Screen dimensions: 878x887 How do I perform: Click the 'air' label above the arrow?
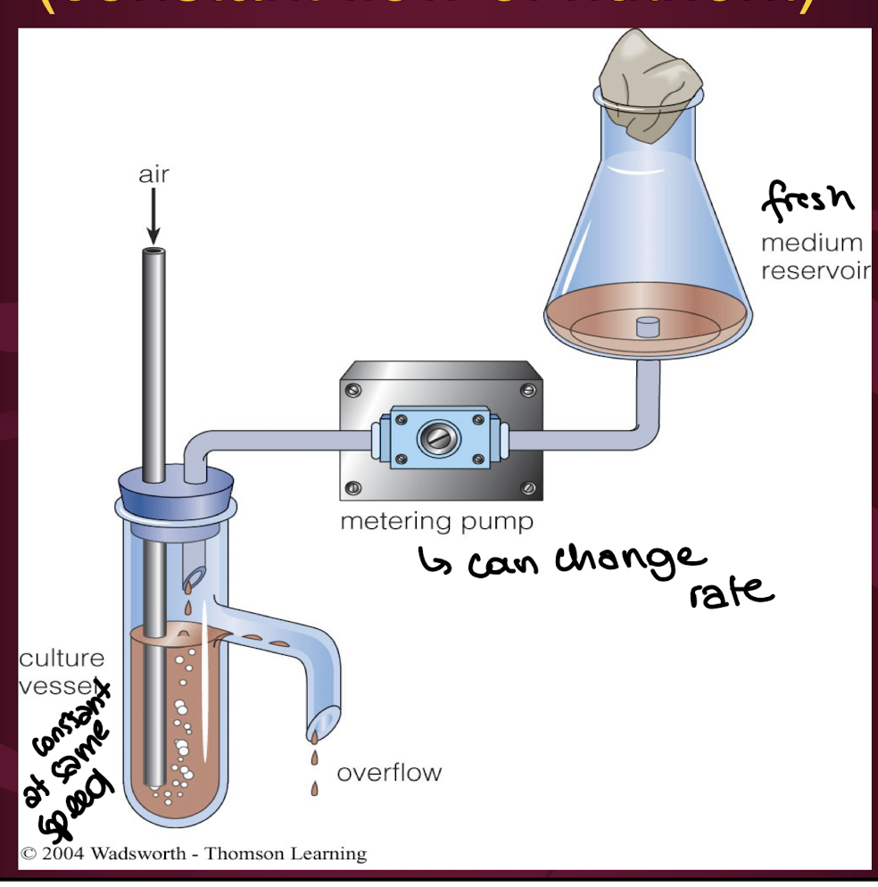coord(153,174)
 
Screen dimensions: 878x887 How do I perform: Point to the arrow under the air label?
coord(153,215)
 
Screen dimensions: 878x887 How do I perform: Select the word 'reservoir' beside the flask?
coord(814,270)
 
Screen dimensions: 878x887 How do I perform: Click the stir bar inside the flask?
coord(647,326)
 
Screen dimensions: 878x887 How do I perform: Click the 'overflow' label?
coord(388,772)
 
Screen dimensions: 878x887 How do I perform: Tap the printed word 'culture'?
coord(62,659)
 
